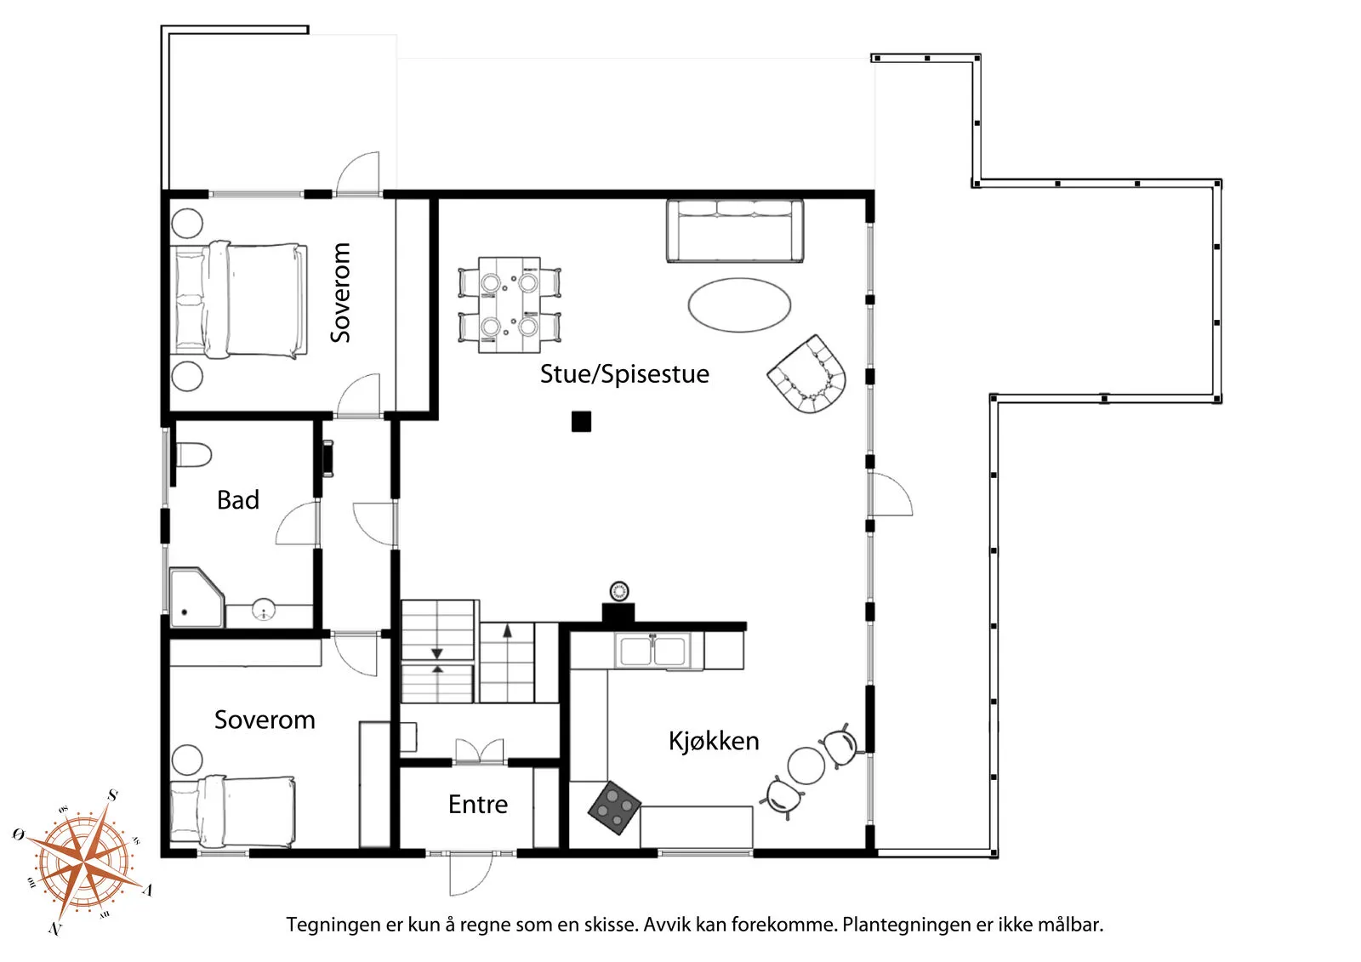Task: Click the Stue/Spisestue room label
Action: tap(624, 374)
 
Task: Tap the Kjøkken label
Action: tap(713, 741)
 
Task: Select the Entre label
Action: tap(477, 805)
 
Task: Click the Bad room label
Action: tap(237, 500)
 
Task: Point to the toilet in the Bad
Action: tap(193, 454)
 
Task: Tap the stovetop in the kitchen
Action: tap(614, 807)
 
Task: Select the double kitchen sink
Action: tap(652, 652)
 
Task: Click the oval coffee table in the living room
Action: tap(739, 305)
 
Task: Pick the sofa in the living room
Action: tap(734, 231)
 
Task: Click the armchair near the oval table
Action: tap(808, 374)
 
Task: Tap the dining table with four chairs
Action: tap(509, 305)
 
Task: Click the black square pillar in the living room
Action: tap(581, 421)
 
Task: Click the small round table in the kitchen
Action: tap(806, 766)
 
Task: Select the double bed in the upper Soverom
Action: tap(241, 299)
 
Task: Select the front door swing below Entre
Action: tap(470, 874)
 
